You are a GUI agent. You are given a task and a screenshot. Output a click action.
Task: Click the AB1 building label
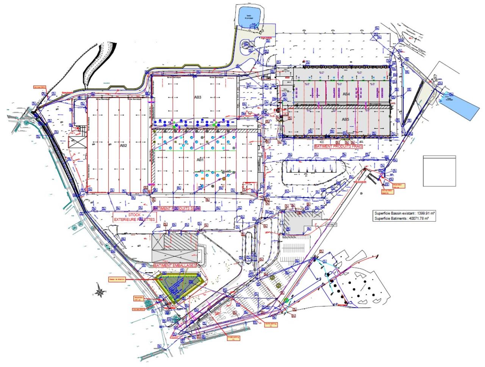[200, 160]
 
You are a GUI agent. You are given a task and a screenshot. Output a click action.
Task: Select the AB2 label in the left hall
[124, 145]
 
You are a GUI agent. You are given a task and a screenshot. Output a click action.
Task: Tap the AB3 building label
[198, 97]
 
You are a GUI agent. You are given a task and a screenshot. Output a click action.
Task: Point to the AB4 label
[346, 94]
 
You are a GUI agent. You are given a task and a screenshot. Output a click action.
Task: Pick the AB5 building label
[345, 120]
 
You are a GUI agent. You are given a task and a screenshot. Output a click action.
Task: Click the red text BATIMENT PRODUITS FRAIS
[339, 146]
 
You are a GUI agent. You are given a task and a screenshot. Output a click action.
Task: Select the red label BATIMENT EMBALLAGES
[175, 266]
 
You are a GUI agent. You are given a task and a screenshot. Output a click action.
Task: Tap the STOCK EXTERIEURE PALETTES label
[135, 217]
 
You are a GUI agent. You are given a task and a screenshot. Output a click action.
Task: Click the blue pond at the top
[248, 17]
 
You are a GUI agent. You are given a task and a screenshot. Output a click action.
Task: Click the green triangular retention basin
[180, 286]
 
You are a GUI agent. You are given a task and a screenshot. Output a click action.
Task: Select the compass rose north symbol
[99, 292]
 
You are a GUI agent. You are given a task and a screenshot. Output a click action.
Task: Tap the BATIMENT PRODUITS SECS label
[176, 208]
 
